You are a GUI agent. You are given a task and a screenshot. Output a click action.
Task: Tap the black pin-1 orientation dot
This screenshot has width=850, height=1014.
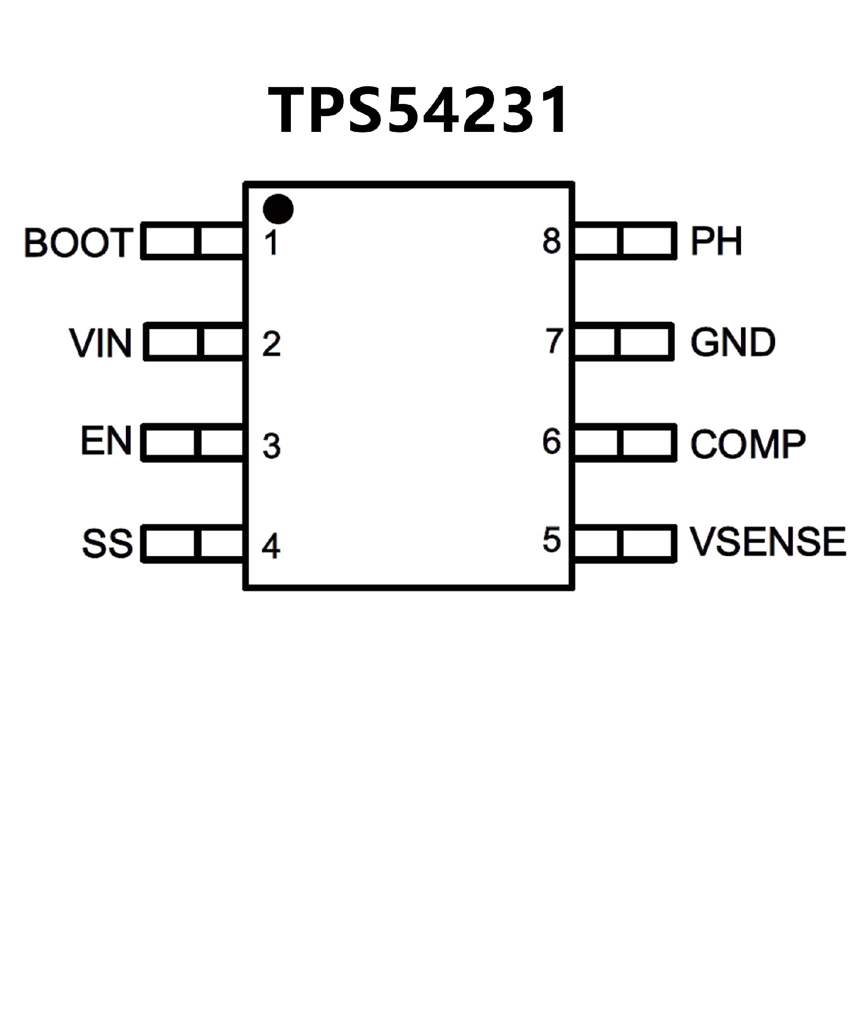tap(278, 209)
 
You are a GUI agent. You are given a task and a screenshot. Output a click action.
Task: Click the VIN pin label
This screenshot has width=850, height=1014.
tap(100, 343)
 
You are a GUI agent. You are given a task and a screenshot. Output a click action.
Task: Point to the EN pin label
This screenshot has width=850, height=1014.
tap(106, 440)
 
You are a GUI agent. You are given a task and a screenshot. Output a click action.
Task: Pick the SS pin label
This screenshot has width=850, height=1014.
tap(107, 544)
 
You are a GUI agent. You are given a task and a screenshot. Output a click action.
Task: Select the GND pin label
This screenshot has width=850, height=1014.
tap(733, 342)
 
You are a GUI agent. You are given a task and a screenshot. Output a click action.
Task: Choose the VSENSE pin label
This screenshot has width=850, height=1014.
tap(767, 542)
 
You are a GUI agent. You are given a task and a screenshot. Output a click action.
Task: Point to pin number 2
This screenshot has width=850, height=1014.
tap(271, 344)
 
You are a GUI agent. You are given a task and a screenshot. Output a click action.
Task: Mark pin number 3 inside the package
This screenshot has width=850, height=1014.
tap(271, 446)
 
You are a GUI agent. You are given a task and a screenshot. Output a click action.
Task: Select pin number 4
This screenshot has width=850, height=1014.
tap(271, 546)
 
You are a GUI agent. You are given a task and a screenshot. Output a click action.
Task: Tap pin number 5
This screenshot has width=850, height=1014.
tap(552, 540)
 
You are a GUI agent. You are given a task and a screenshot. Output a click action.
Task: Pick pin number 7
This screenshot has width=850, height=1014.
tap(553, 340)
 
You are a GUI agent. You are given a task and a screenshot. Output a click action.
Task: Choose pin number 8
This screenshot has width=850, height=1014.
tap(552, 240)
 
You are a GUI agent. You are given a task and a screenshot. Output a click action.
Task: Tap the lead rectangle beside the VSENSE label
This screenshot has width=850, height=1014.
tap(624, 544)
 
